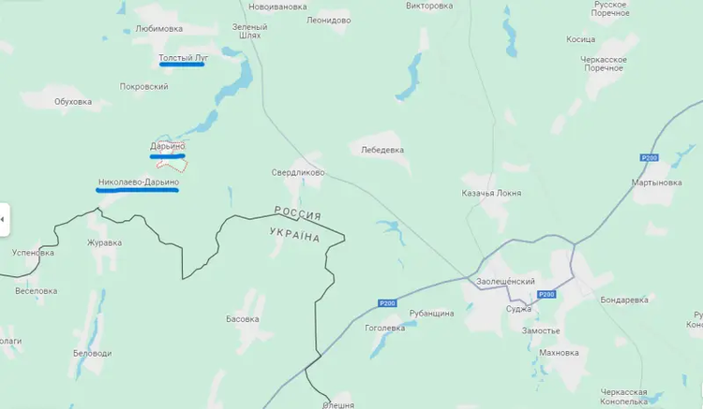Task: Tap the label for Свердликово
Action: coord(298,173)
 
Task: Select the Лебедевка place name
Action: coord(381,149)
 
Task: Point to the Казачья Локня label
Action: coord(492,193)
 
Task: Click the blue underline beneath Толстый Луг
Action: coord(182,66)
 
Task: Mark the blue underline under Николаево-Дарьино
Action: coord(137,189)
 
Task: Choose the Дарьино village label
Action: coord(168,146)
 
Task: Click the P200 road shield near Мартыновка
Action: coord(649,157)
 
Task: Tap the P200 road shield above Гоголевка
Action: coord(388,302)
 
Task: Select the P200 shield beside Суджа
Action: coord(546,295)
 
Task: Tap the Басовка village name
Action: coord(243,319)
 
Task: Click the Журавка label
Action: coord(104,243)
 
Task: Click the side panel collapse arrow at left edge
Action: coord(3,219)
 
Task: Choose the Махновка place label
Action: coord(560,353)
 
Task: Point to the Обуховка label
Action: coord(72,101)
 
